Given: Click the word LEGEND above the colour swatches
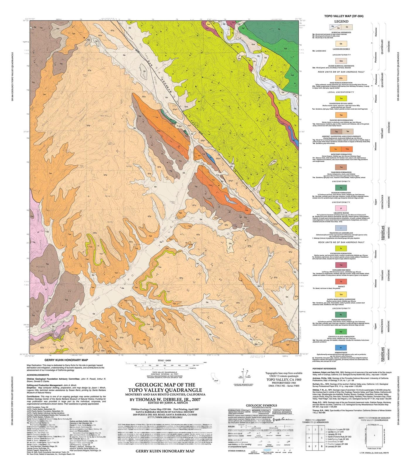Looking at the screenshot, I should pyautogui.click(x=341, y=21).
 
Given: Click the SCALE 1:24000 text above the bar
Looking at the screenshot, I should pyautogui.click(x=165, y=361).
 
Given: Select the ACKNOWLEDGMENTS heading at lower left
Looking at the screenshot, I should pyautogui.click(x=38, y=375).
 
